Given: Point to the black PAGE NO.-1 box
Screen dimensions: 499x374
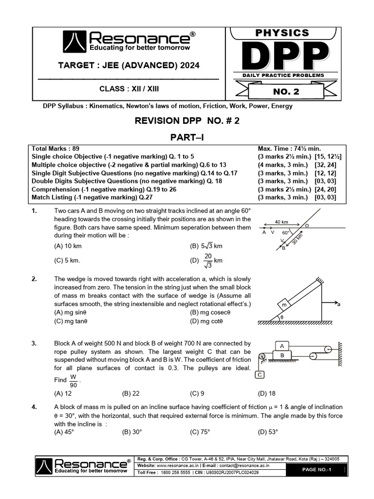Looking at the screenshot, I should tap(317, 469).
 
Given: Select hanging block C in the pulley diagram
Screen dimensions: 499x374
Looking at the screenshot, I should tap(260, 375).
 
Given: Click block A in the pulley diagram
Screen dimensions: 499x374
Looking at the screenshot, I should tap(281, 345).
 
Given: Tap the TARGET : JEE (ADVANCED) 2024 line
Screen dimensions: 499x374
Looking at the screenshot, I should tap(129, 65).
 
